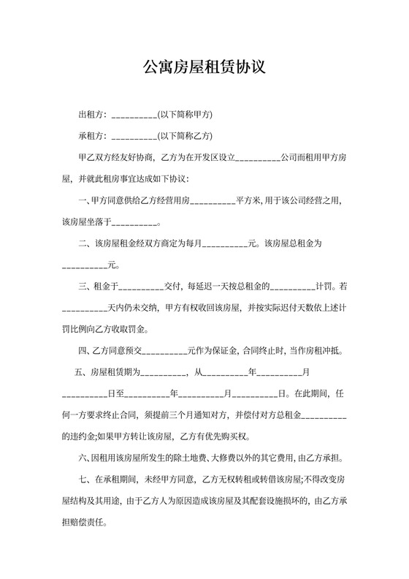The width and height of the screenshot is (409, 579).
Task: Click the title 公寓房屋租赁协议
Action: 204,69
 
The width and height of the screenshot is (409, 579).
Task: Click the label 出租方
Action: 91,115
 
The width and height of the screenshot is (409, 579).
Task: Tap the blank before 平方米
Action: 213,200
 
